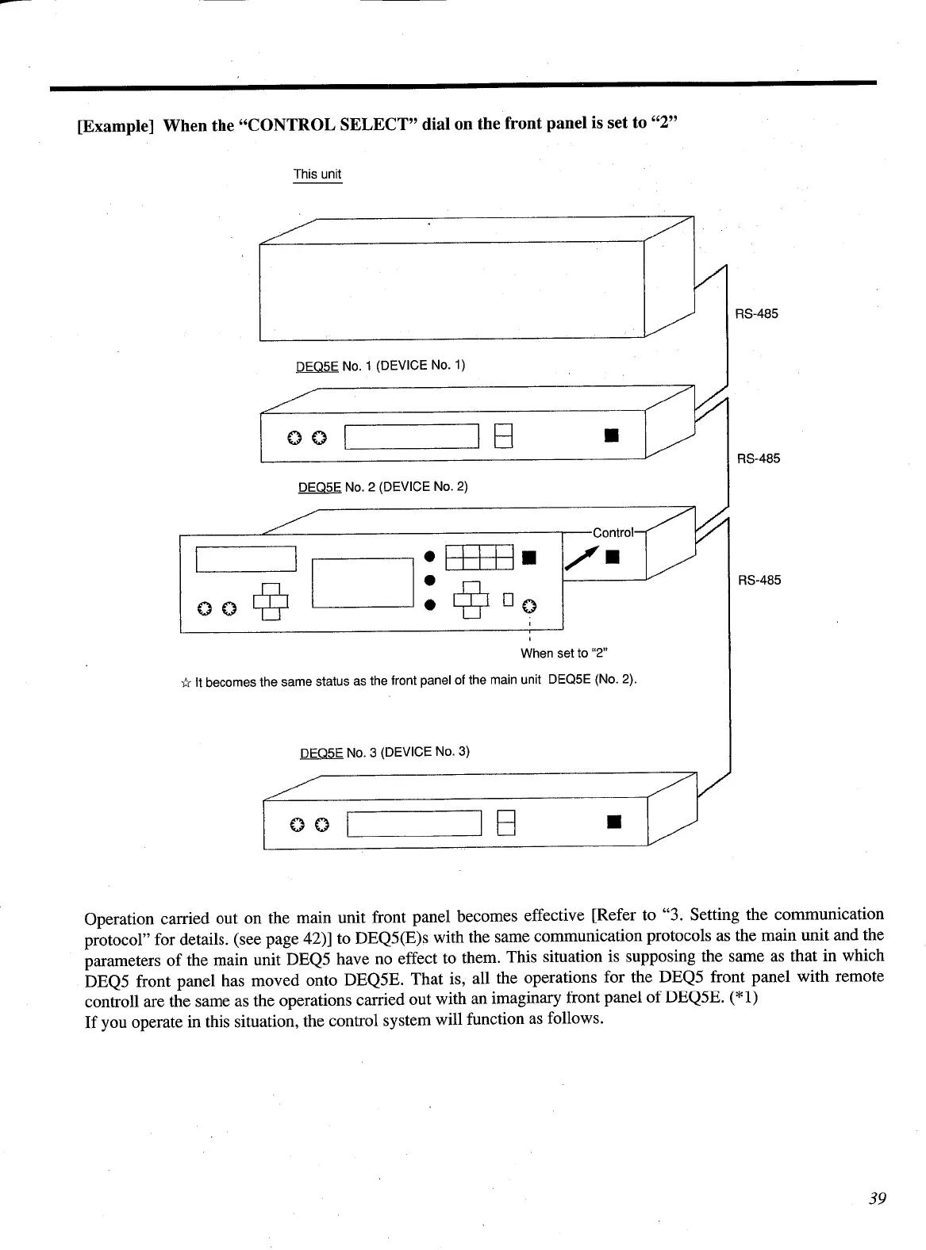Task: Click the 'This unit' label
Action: coord(317,174)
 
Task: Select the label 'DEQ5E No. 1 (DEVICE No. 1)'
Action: coord(380,366)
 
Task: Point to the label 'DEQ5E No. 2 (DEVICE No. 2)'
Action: coord(382,486)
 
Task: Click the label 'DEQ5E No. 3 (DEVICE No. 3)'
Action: coord(385,752)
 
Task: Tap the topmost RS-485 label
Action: coord(756,313)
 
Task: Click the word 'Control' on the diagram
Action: coord(613,532)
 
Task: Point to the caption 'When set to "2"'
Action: coord(563,654)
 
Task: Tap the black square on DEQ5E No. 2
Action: coord(610,435)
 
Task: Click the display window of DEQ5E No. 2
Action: coord(412,437)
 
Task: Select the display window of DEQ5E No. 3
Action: coord(414,824)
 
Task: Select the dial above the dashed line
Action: coord(529,607)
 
